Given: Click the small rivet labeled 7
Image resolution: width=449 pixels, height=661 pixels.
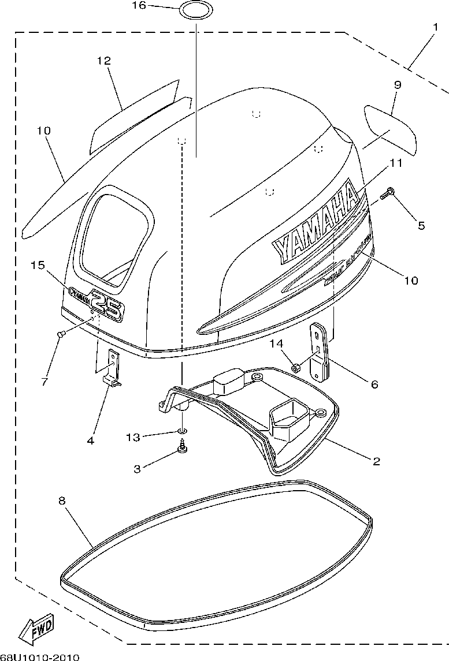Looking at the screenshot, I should pos(60,333).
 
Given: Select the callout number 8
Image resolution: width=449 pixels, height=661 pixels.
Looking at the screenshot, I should pos(62,501).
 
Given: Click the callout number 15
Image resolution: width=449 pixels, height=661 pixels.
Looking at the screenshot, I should pos(38,265).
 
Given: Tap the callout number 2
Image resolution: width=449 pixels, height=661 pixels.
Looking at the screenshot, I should pos(376,461).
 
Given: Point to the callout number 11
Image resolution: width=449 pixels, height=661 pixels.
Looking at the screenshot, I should pos(395,163).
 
